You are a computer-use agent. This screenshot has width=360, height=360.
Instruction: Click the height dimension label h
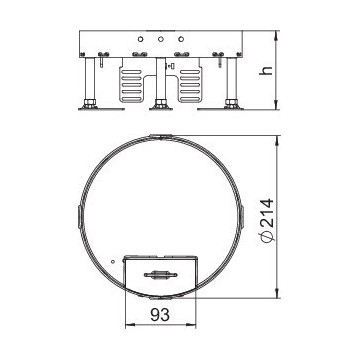pos(266,71)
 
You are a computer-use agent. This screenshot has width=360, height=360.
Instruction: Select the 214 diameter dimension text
pos(266,214)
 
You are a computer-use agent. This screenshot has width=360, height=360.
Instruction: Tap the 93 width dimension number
pos(160,315)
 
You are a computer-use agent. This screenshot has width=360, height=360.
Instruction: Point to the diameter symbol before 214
pos(267,236)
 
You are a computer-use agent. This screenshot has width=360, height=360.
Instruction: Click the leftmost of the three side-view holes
pos(140,39)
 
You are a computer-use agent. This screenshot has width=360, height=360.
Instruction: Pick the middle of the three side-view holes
pos(161,39)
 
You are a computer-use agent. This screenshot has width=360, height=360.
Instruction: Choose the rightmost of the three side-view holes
pos(181,39)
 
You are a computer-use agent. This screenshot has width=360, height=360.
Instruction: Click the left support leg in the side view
pos(90,83)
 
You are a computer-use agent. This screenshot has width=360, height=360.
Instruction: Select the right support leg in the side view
pos(231,83)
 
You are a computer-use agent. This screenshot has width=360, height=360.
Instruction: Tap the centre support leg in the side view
pos(161,83)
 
